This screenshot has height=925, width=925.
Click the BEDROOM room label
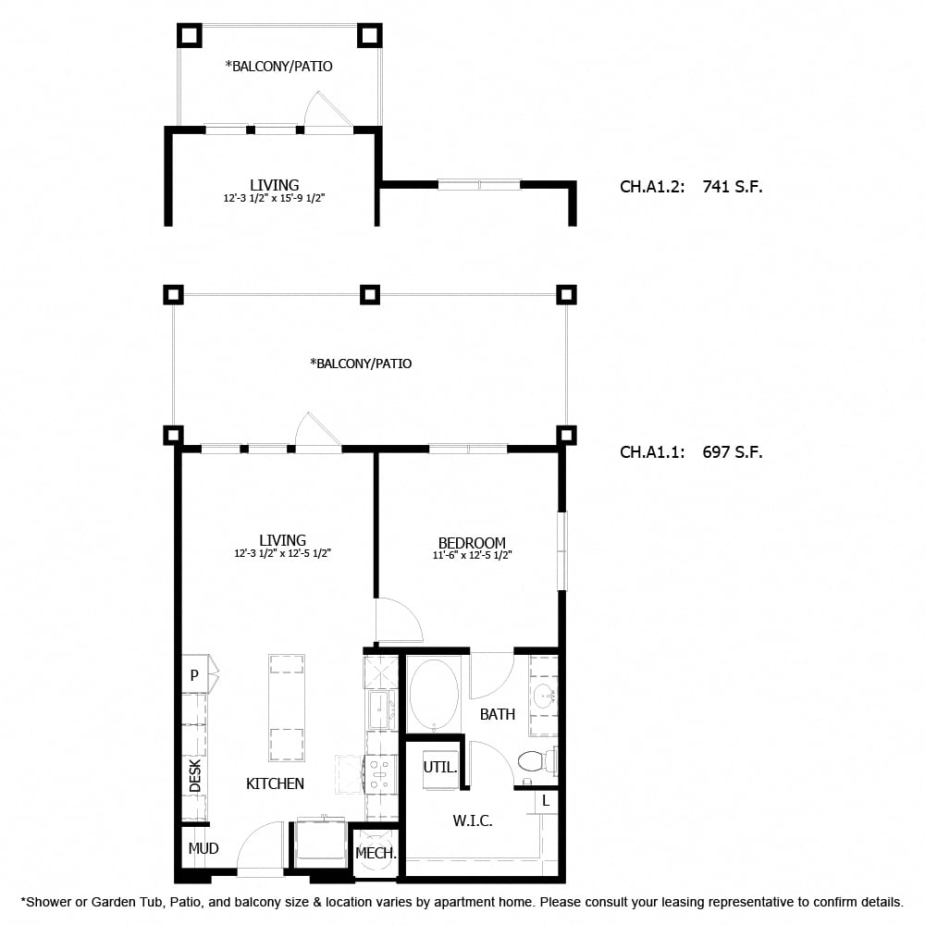(x=472, y=543)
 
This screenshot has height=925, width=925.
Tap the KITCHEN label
(x=275, y=783)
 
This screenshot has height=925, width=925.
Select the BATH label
(x=498, y=714)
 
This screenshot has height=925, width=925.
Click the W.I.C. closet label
(x=472, y=820)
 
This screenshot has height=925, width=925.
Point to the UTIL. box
(x=439, y=767)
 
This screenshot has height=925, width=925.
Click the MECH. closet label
(x=376, y=853)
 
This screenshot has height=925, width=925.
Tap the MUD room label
(x=203, y=848)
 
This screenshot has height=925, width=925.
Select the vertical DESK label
(x=195, y=775)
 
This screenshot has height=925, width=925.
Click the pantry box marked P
(x=194, y=676)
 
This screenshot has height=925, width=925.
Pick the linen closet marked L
(x=546, y=801)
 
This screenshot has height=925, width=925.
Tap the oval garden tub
(x=434, y=694)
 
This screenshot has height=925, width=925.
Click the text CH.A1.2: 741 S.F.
(x=690, y=187)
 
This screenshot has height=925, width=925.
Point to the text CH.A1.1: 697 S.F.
(x=690, y=452)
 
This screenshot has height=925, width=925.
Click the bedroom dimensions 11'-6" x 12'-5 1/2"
(x=472, y=556)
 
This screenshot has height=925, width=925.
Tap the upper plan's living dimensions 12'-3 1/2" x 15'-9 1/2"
(x=274, y=199)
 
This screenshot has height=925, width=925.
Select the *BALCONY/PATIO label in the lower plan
(x=361, y=364)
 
